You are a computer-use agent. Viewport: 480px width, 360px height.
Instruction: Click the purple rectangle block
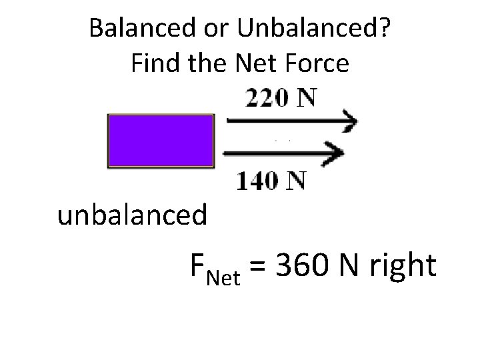point(161,141)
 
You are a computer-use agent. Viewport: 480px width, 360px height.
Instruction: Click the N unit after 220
point(305,98)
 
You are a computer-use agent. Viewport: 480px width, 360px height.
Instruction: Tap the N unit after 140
point(296,180)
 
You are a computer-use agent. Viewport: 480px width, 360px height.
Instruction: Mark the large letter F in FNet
point(198,267)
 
